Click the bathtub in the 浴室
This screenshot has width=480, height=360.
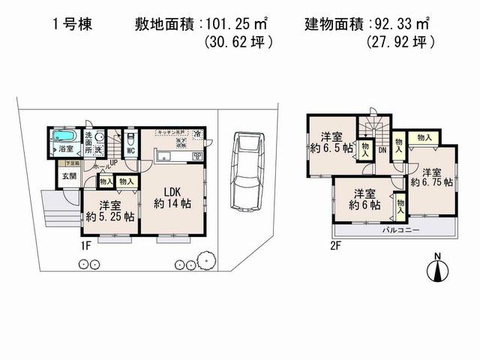(64, 137)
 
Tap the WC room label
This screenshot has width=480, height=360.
(130, 150)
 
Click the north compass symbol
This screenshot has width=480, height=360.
(438, 270)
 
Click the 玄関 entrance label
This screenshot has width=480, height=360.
(69, 176)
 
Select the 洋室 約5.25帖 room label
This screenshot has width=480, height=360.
(109, 210)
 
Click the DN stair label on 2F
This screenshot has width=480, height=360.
(382, 151)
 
